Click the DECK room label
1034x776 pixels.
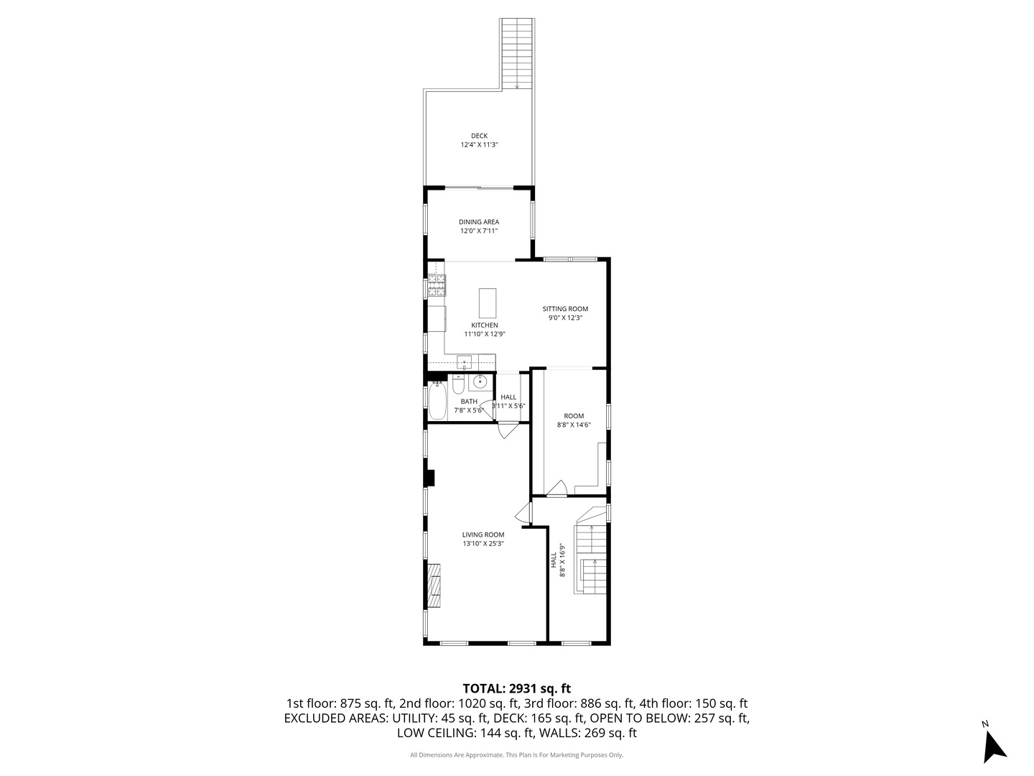coord(479,136)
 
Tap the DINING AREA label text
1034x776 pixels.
coord(479,222)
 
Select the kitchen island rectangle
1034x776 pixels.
coord(488,303)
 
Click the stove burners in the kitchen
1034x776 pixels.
coord(437,286)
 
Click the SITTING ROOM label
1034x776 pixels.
coord(565,309)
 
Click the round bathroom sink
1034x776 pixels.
coord(481,382)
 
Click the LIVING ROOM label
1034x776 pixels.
coord(483,535)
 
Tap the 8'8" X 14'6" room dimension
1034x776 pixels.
coord(574,425)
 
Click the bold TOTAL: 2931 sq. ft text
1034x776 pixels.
coord(516,688)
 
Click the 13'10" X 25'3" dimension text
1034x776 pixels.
coord(483,544)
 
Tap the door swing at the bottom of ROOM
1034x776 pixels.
coord(556,489)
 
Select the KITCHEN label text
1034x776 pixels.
coord(485,325)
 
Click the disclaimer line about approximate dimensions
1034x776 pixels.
coord(516,755)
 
